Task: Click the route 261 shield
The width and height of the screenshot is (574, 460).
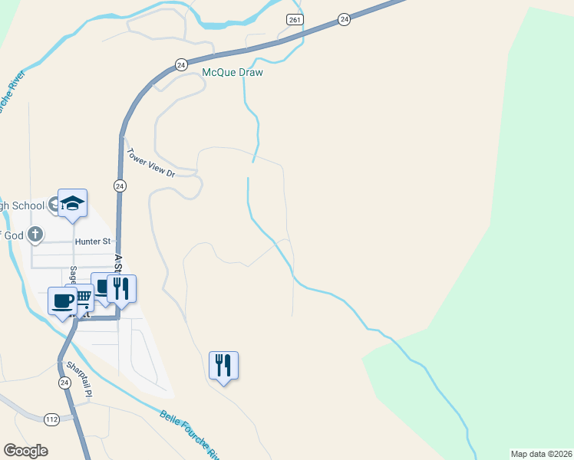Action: point(295,19)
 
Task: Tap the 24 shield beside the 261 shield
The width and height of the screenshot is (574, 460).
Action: point(344,19)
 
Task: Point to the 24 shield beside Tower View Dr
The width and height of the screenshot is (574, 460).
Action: point(120,186)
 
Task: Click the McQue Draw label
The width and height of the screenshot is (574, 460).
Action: point(233,73)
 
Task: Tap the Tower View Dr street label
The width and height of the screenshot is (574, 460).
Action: point(151,163)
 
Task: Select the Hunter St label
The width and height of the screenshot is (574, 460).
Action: point(92,242)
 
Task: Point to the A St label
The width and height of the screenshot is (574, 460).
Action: point(117,265)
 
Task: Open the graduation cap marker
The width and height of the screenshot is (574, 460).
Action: point(73,203)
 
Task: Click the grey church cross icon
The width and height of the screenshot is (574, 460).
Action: point(35,235)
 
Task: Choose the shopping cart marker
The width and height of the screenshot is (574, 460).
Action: point(83,296)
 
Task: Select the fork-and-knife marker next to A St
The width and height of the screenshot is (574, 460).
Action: point(121,288)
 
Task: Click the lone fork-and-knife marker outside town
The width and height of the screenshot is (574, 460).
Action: point(223,365)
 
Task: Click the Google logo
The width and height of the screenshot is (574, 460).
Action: point(25,451)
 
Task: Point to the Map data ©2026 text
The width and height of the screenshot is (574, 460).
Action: point(542,454)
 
